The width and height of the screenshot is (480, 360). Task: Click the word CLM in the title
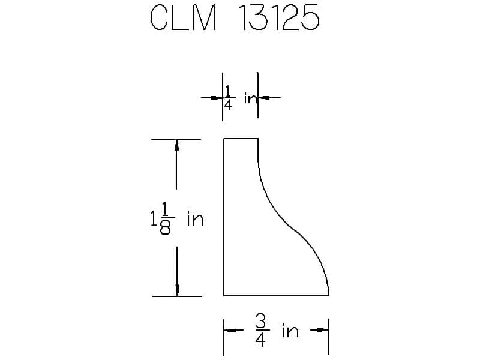click(184, 18)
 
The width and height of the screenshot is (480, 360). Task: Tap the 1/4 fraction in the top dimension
click(229, 98)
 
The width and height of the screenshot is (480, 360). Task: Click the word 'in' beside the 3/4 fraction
click(290, 331)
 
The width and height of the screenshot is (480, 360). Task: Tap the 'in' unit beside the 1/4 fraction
click(250, 98)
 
